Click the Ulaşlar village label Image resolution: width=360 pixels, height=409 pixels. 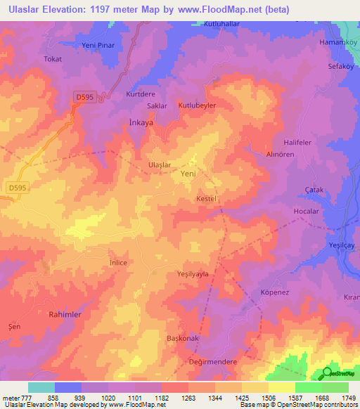tap(159, 164)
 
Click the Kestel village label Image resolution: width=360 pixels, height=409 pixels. tap(209, 199)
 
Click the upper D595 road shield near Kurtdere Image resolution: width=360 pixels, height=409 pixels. tap(85, 96)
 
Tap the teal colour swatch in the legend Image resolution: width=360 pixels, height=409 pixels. tap(41, 387)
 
